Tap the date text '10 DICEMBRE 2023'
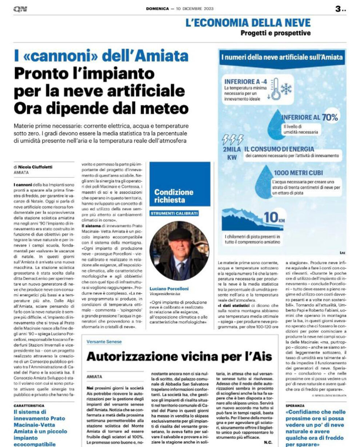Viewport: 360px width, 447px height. coord(195,9)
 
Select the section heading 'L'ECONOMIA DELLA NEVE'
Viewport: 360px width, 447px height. coord(248,23)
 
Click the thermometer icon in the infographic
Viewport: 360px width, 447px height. coord(276,89)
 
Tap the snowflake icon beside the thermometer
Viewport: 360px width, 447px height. coord(287,88)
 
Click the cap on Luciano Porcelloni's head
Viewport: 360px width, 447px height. coord(179,233)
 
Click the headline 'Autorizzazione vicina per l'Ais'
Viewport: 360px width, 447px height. coord(179,356)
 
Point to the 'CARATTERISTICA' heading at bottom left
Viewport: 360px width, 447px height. coord(29,405)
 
